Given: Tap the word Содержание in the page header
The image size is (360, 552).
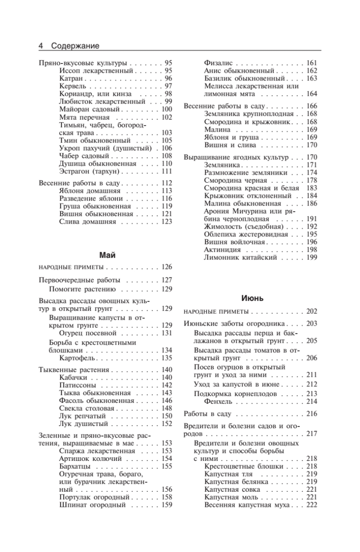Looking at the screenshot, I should (x=75, y=46).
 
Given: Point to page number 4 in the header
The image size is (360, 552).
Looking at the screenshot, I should (x=41, y=46).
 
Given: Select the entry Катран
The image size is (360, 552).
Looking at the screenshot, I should (x=71, y=79).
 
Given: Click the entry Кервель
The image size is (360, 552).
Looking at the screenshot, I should (x=73, y=86).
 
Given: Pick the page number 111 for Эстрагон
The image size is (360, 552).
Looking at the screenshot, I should (x=167, y=171).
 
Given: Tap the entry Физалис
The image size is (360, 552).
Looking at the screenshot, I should (x=219, y=63).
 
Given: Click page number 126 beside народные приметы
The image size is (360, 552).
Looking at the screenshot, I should (x=167, y=267).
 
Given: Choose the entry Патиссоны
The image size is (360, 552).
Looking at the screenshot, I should (x=78, y=385).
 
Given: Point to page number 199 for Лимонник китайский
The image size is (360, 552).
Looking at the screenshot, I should (x=312, y=258).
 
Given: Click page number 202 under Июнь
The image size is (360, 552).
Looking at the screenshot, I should (x=312, y=311).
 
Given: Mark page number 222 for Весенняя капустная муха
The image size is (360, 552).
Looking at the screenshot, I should (x=312, y=506).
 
